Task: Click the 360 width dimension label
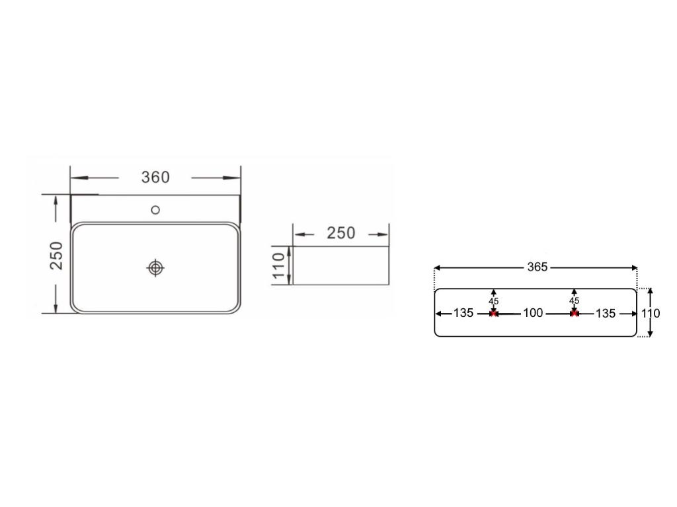click(x=155, y=177)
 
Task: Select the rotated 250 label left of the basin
click(x=57, y=255)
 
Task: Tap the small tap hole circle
click(x=155, y=210)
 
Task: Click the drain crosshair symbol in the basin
click(x=155, y=268)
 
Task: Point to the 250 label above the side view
click(x=340, y=233)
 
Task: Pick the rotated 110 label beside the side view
click(x=279, y=265)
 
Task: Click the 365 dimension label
click(x=537, y=267)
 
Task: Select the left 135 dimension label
click(x=463, y=313)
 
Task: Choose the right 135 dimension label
click(x=606, y=314)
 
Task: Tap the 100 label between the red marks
click(x=533, y=313)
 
